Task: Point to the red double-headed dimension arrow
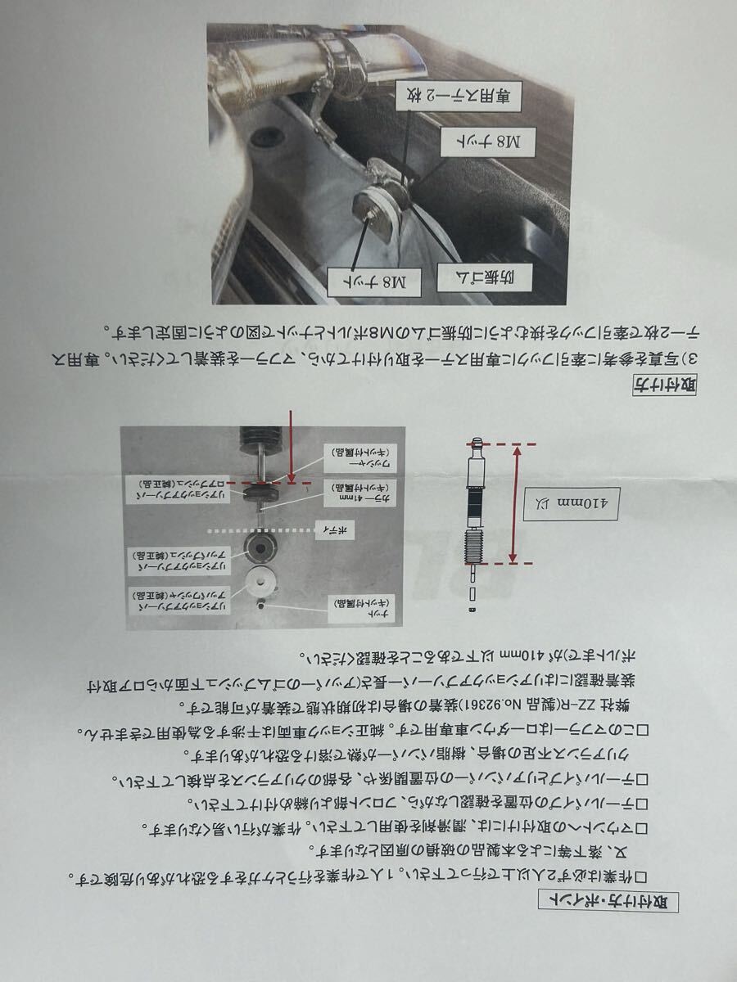click(515, 502)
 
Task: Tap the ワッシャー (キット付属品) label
click(353, 458)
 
